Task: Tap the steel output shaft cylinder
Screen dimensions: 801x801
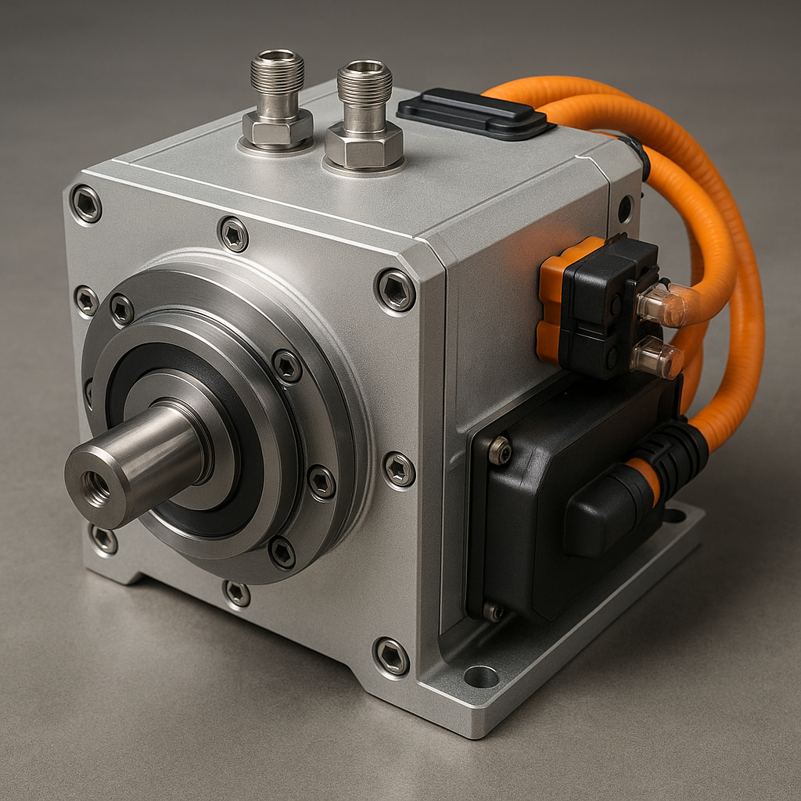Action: [149, 462]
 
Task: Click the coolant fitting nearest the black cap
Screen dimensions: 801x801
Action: [364, 117]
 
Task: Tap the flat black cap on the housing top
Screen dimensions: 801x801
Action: [472, 113]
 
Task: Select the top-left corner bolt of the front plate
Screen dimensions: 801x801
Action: [86, 204]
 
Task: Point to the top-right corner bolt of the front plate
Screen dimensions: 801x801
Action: [395, 290]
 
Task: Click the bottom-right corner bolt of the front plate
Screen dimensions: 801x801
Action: [391, 656]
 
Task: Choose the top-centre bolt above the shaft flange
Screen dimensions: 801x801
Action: [233, 234]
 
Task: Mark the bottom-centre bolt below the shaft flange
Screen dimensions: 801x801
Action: [236, 593]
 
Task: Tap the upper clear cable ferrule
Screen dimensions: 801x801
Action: [661, 307]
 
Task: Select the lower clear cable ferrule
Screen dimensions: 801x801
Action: [657, 358]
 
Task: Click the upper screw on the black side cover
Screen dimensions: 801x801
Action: [499, 451]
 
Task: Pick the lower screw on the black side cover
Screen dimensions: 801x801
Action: [493, 611]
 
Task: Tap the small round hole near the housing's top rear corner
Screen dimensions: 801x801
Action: [625, 209]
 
